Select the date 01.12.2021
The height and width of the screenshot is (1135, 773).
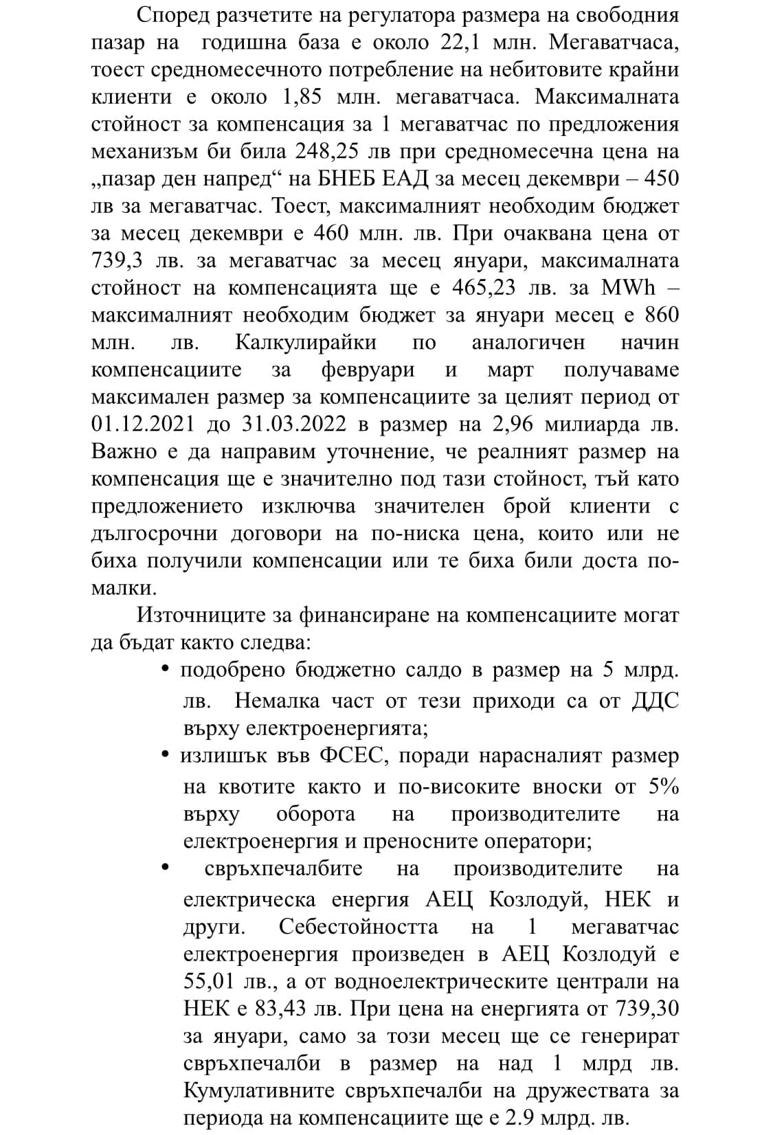pos(141,424)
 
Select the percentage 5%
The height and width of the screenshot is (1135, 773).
pos(663,786)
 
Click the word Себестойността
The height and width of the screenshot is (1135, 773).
pos(358,926)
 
